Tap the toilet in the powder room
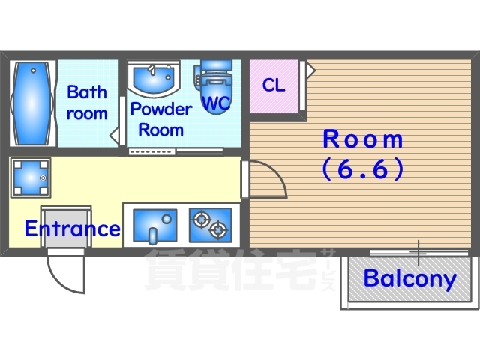click(x=215, y=87)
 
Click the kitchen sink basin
click(x=155, y=226)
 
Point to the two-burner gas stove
click(x=210, y=225)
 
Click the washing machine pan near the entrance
click(x=31, y=178)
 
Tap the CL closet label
click(x=274, y=85)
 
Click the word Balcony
click(x=410, y=278)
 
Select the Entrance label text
click(x=73, y=228)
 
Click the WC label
click(x=217, y=103)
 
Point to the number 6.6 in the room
click(x=363, y=169)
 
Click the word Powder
click(x=161, y=109)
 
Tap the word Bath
click(x=87, y=91)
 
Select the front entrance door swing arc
click(x=58, y=282)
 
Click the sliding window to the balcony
click(x=419, y=253)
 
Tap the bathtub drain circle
click(x=33, y=70)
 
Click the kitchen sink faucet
click(x=152, y=235)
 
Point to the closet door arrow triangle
click(x=310, y=70)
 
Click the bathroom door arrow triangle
click(x=115, y=135)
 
